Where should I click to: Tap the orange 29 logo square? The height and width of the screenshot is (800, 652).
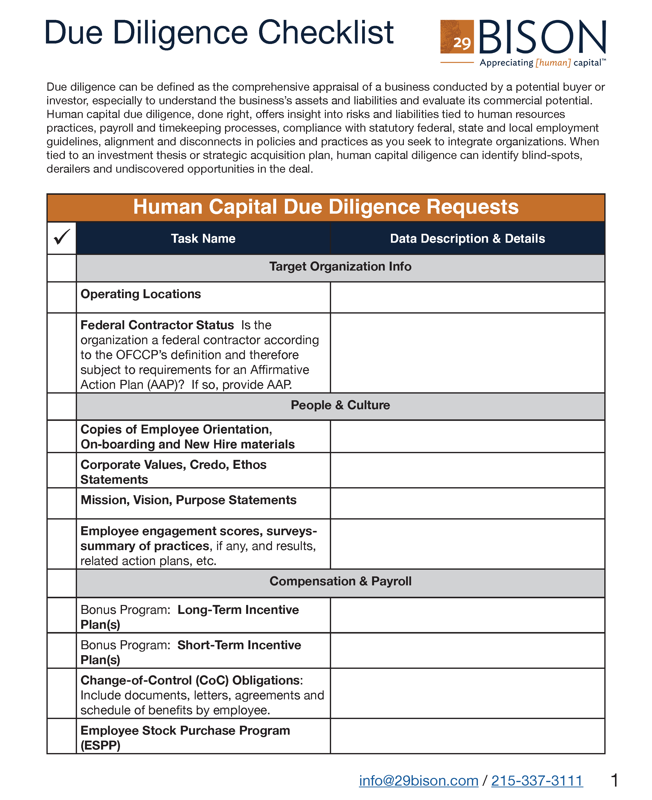point(457,37)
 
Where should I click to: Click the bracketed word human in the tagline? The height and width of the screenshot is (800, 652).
point(553,63)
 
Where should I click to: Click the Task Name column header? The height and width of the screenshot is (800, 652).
point(203,239)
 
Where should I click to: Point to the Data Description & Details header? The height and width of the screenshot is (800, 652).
point(467,239)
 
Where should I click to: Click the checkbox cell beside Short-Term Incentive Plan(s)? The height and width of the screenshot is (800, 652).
point(62,650)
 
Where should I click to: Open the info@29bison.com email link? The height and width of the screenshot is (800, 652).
point(418,781)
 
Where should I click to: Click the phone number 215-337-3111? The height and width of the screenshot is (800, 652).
point(537,781)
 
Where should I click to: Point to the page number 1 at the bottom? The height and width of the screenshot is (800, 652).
point(614,780)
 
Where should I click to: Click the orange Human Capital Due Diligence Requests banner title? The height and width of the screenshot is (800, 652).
point(326,207)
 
